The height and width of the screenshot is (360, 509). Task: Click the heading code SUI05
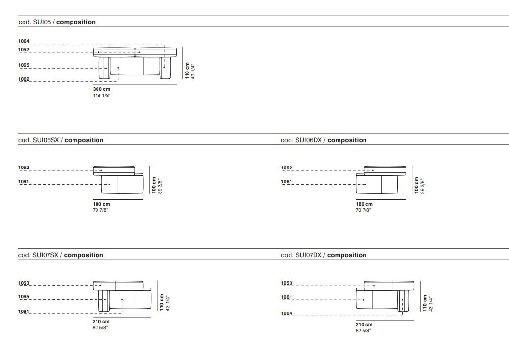pos(42,22)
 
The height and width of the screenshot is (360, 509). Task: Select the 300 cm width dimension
pos(101,89)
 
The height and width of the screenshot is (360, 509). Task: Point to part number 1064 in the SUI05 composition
pos(24,41)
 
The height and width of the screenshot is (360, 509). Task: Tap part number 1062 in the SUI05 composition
pos(24,79)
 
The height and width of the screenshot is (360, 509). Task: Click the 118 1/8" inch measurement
pos(101,96)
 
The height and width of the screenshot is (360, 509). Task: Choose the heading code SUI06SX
pos(46,140)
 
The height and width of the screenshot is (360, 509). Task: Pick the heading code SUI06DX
pos(309,140)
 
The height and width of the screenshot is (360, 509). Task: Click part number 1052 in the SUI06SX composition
pos(24,168)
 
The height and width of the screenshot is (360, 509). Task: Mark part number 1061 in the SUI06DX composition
pos(287,182)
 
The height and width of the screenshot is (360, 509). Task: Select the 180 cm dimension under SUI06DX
pos(364,204)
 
